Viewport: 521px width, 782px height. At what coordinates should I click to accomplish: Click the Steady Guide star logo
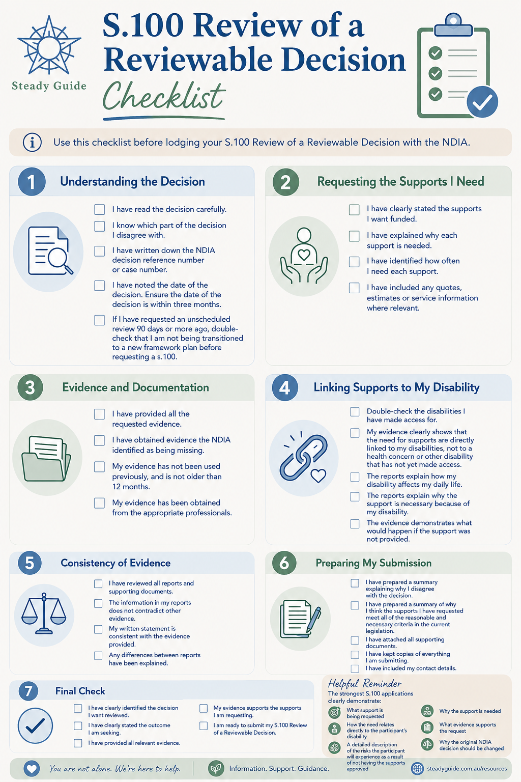[x=49, y=45]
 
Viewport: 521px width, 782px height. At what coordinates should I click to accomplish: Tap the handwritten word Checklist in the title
[x=164, y=96]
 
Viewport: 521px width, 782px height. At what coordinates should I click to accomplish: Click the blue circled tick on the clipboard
[x=482, y=102]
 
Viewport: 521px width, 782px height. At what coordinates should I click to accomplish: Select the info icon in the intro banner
[x=32, y=143]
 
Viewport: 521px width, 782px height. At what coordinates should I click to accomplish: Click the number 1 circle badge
[x=32, y=182]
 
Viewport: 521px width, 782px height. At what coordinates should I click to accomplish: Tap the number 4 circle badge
[x=285, y=387]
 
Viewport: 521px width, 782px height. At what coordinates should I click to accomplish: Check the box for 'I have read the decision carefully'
[x=99, y=209]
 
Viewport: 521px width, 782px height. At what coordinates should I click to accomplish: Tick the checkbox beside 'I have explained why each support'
[x=354, y=236]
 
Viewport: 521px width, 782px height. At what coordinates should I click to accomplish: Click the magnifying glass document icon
[x=49, y=250]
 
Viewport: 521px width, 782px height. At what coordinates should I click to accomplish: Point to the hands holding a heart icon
[x=304, y=256]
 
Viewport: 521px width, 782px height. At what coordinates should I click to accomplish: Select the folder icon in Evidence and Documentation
[x=46, y=458]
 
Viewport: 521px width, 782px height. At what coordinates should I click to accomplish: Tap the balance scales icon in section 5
[x=44, y=613]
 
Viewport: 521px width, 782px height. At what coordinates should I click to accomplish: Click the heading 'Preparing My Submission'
[x=373, y=563]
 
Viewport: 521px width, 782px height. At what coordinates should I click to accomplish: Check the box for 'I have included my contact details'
[x=355, y=668]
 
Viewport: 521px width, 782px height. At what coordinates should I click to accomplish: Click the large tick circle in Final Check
[x=35, y=725]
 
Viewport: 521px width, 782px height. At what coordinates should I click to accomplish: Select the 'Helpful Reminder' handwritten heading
[x=365, y=684]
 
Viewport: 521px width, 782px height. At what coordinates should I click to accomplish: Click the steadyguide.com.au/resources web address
[x=467, y=768]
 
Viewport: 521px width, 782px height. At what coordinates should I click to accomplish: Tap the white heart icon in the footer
[x=32, y=768]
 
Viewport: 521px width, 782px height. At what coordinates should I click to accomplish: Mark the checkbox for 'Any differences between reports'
[x=98, y=655]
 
